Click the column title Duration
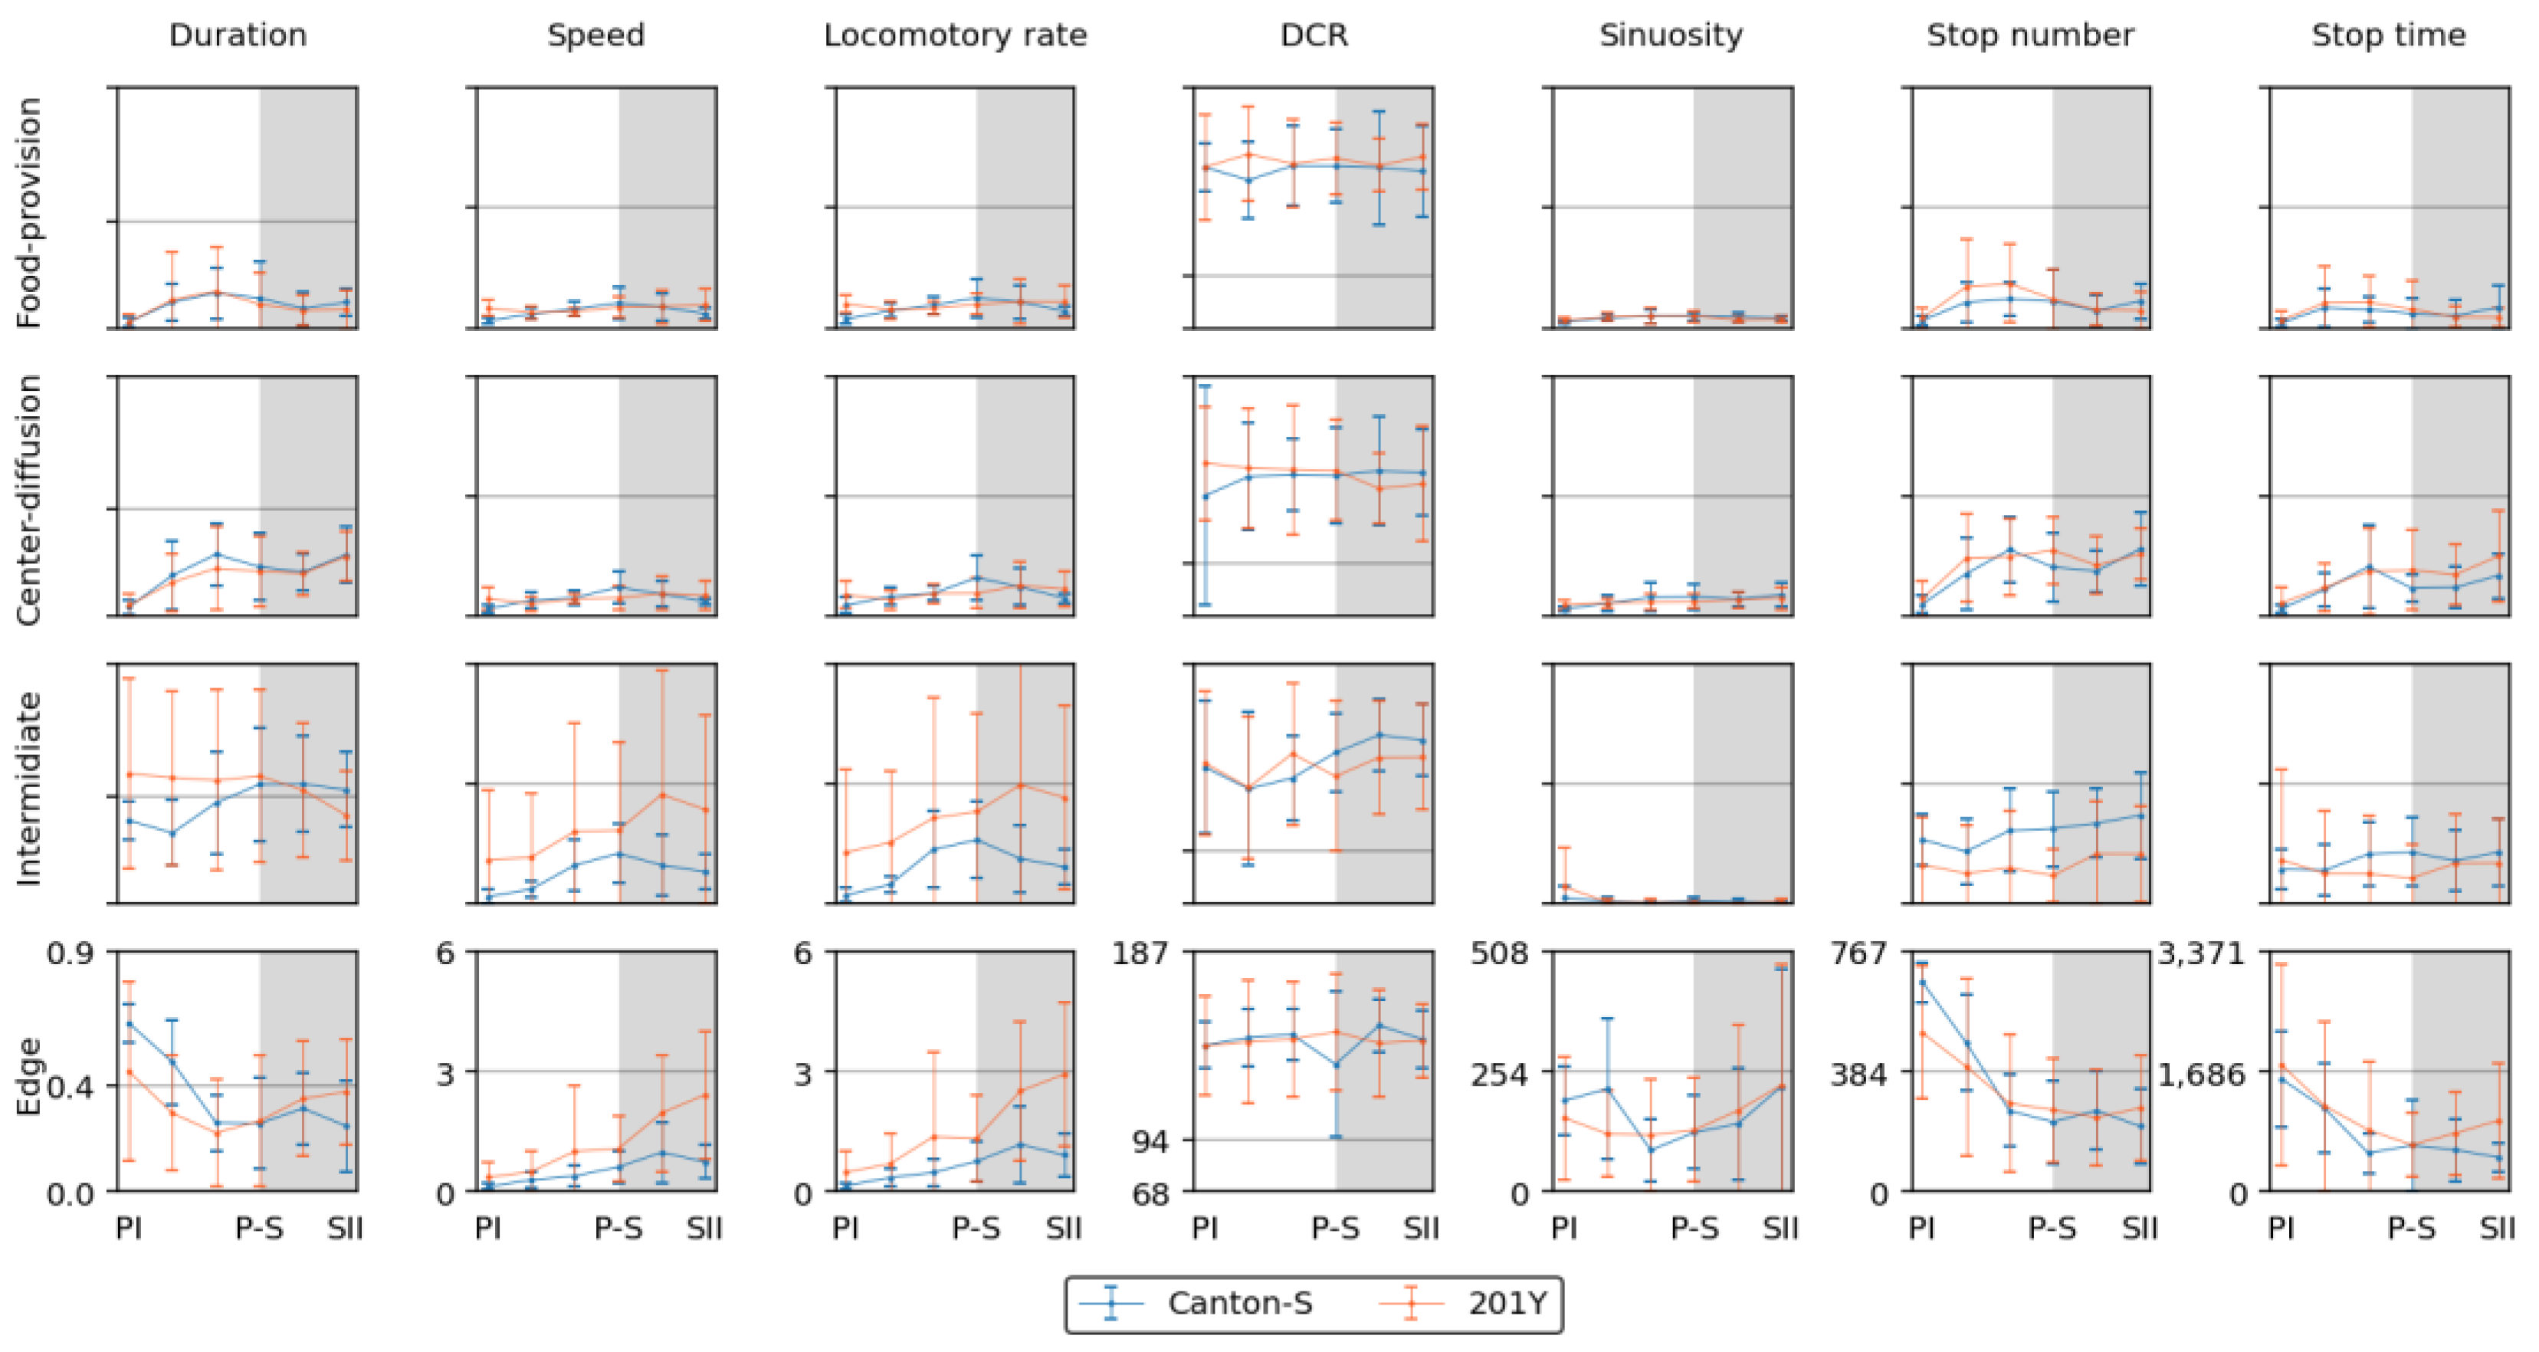pyautogui.click(x=238, y=35)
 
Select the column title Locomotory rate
pyautogui.click(x=954, y=35)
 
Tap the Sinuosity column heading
pyautogui.click(x=1671, y=35)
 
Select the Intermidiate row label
pyautogui.click(x=30, y=789)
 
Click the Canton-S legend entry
pyautogui.click(x=1239, y=1304)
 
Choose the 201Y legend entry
pyautogui.click(x=1507, y=1304)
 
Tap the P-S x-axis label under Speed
pyautogui.click(x=618, y=1229)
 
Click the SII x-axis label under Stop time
pyautogui.click(x=2497, y=1229)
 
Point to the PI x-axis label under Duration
pyautogui.click(x=128, y=1229)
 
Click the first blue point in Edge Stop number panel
pyautogui.click(x=1923, y=982)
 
